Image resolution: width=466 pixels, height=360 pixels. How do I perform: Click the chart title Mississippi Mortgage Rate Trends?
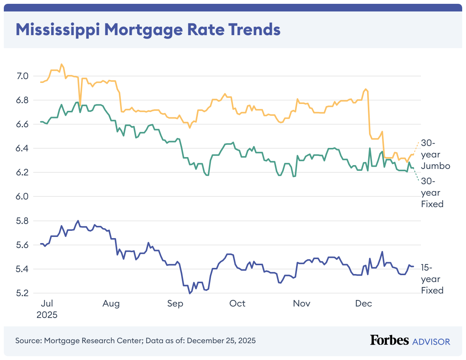click(x=148, y=30)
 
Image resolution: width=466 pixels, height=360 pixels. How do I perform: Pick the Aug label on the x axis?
click(x=111, y=304)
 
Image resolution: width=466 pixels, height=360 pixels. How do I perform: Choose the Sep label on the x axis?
click(x=175, y=304)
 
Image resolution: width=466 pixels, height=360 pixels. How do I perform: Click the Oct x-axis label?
click(x=237, y=304)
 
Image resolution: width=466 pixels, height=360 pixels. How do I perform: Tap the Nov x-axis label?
click(x=302, y=304)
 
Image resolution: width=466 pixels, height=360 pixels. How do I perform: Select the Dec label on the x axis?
click(x=364, y=304)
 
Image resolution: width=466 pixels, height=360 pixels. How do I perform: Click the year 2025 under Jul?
click(x=47, y=315)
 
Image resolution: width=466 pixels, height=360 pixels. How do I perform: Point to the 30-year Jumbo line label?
click(x=435, y=154)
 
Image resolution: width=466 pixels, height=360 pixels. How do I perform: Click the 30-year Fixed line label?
click(x=432, y=193)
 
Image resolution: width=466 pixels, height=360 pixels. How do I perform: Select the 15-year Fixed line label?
click(x=432, y=279)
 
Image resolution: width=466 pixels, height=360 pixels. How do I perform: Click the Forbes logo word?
click(x=389, y=341)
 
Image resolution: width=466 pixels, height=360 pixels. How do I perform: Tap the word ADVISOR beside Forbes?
click(x=431, y=341)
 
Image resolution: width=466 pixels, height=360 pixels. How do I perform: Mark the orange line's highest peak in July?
click(x=61, y=64)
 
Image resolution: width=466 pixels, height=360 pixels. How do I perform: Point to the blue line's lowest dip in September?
click(x=189, y=294)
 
